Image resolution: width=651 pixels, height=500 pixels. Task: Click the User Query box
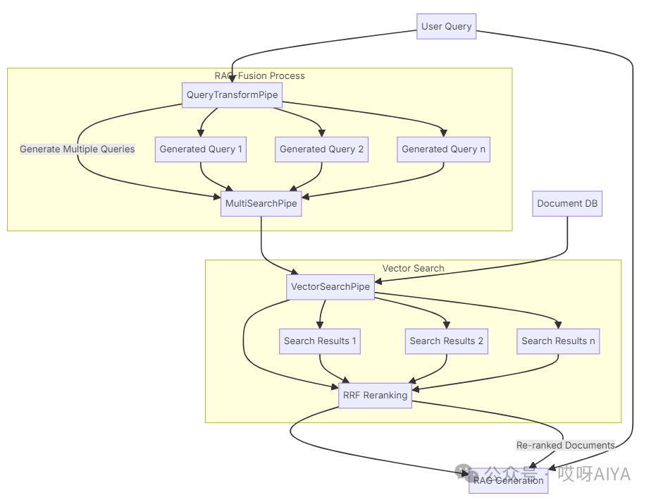(446, 27)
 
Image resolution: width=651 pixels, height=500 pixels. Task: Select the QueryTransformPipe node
(232, 95)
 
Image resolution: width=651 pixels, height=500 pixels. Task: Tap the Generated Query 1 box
(201, 150)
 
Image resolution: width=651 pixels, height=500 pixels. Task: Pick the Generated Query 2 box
(321, 150)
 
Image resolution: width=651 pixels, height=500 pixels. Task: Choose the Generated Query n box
(443, 150)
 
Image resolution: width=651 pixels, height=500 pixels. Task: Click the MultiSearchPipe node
(261, 204)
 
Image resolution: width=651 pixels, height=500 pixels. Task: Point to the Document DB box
(567, 204)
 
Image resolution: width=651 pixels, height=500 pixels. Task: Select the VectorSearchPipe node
(330, 287)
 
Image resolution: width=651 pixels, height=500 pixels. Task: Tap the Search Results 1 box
(320, 341)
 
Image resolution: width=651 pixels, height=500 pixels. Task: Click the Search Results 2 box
(447, 341)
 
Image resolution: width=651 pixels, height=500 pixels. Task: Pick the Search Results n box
(558, 341)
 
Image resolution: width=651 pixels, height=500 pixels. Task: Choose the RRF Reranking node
(375, 396)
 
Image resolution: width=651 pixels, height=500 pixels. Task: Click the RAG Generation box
(508, 480)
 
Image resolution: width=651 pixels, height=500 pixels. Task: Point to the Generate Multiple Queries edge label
(77, 150)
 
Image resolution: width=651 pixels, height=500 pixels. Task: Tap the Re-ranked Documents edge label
(565, 446)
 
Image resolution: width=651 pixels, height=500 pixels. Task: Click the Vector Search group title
(413, 269)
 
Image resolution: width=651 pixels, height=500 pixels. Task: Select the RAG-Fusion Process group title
(260, 76)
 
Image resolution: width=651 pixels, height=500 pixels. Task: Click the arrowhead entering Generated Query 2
(321, 133)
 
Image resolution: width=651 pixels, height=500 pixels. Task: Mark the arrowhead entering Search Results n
(558, 325)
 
